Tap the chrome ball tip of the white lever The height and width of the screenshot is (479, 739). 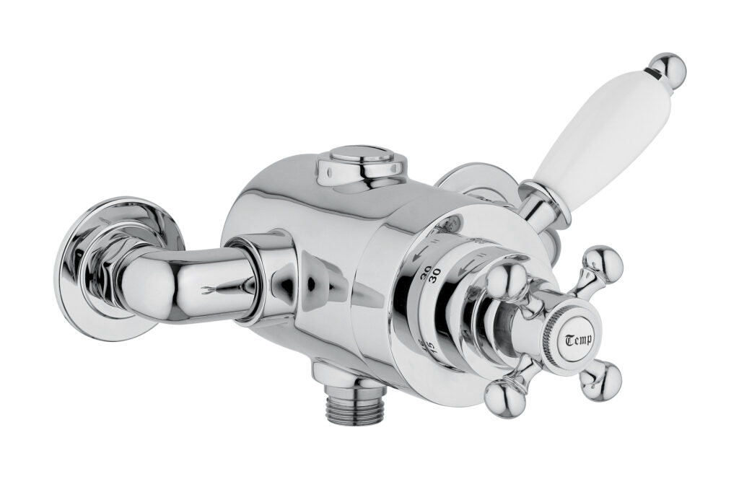(x=668, y=69)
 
